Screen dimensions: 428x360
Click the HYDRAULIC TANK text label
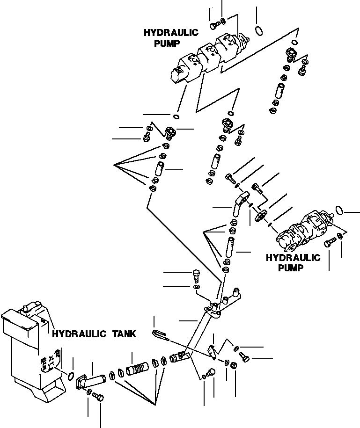(x=94, y=334)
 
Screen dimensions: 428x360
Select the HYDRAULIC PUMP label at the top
(x=171, y=38)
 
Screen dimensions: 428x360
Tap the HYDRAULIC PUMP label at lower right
(x=293, y=262)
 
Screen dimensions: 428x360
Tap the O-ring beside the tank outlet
(x=71, y=376)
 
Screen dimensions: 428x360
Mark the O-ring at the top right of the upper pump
(x=259, y=31)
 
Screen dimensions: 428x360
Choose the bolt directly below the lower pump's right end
(x=329, y=243)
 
